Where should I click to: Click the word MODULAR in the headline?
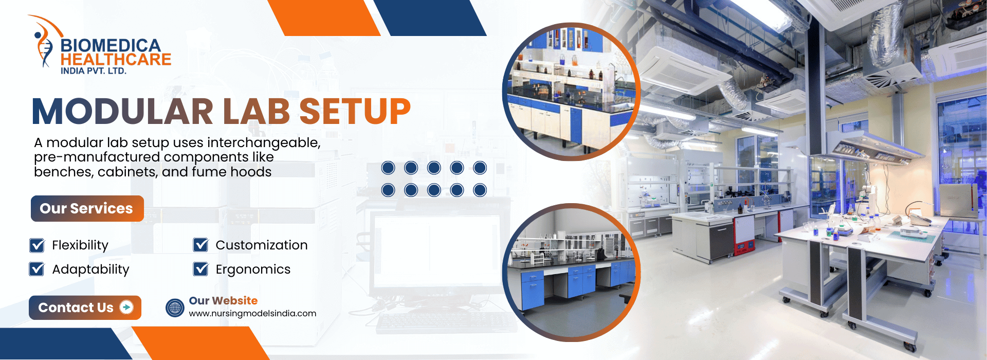pyautogui.click(x=123, y=112)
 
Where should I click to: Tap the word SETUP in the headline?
pyautogui.click(x=355, y=112)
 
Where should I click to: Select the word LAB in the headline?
pyautogui.click(x=257, y=112)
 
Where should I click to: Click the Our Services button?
pyautogui.click(x=87, y=208)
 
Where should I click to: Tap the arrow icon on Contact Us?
pyautogui.click(x=126, y=307)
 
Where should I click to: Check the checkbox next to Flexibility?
pyautogui.click(x=37, y=245)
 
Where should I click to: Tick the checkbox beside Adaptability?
pyautogui.click(x=37, y=269)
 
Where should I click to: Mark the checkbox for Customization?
pyautogui.click(x=200, y=245)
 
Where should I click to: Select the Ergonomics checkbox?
pyautogui.click(x=200, y=269)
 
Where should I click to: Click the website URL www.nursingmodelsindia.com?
pyautogui.click(x=252, y=314)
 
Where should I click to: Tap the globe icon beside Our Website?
pyautogui.click(x=175, y=308)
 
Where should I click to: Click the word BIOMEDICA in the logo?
pyautogui.click(x=111, y=46)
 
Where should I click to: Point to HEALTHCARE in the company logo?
pyautogui.click(x=116, y=60)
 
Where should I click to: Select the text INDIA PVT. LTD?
pyautogui.click(x=94, y=71)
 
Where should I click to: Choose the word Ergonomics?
pyautogui.click(x=253, y=269)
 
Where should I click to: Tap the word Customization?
pyautogui.click(x=262, y=245)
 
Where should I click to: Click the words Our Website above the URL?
pyautogui.click(x=223, y=301)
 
